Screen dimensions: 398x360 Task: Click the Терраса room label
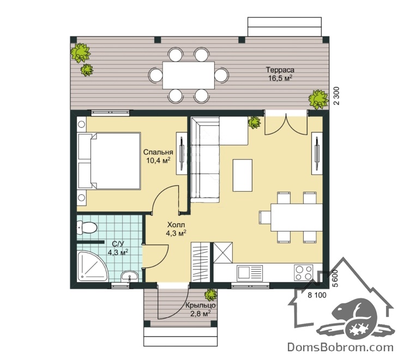pyautogui.click(x=280, y=70)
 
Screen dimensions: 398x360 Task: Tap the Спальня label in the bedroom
pyautogui.click(x=158, y=152)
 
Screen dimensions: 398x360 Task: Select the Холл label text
pyautogui.click(x=176, y=224)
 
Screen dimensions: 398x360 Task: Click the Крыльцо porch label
pyautogui.click(x=201, y=305)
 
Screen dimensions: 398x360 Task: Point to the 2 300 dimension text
pyautogui.click(x=336, y=96)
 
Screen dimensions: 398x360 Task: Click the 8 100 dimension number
pyautogui.click(x=317, y=295)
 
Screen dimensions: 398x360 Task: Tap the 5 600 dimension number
pyautogui.click(x=335, y=278)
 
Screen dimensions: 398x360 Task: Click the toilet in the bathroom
pyautogui.click(x=87, y=227)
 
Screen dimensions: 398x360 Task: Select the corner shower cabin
pyautogui.click(x=92, y=266)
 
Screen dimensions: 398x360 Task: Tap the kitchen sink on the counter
pyautogui.click(x=250, y=273)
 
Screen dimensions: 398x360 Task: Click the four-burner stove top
pyautogui.click(x=303, y=272)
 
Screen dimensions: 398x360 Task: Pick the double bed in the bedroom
pyautogui.click(x=109, y=161)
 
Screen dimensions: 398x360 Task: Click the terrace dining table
pyautogui.click(x=189, y=75)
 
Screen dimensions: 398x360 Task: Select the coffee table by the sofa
pyautogui.click(x=243, y=175)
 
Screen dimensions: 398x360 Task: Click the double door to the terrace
pyautogui.click(x=286, y=124)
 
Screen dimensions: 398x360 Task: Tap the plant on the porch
pyautogui.click(x=210, y=295)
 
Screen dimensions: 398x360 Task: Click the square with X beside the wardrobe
pyautogui.click(x=223, y=253)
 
